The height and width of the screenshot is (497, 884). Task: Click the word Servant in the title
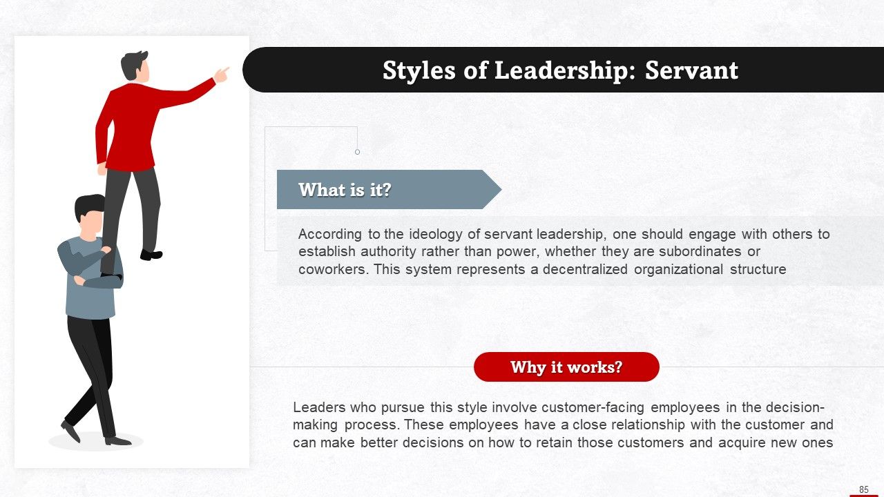click(691, 70)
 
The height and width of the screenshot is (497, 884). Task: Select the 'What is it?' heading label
click(345, 190)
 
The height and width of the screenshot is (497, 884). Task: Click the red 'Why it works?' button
click(566, 367)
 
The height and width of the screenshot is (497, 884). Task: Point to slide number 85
click(863, 489)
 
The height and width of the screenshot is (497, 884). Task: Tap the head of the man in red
click(135, 67)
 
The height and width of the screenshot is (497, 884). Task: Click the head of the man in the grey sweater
click(90, 215)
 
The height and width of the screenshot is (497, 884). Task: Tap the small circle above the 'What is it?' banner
click(357, 152)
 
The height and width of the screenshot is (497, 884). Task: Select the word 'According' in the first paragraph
click(329, 234)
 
